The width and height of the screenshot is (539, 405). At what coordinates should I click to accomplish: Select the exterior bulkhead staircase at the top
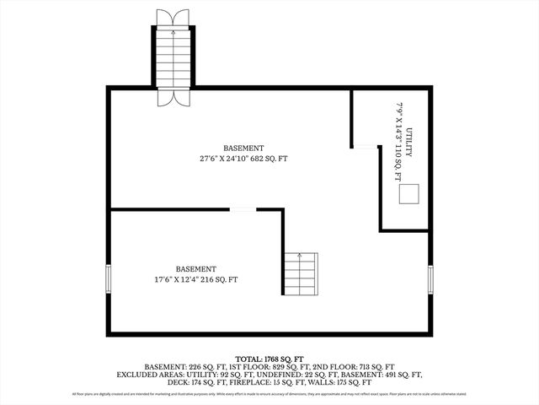pos(174,55)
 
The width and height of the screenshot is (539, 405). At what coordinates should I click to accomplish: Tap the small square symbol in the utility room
pos(409,194)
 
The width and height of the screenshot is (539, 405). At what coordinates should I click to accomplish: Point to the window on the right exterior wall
pos(430,278)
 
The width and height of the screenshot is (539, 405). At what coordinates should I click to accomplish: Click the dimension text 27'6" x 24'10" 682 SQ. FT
pos(243,159)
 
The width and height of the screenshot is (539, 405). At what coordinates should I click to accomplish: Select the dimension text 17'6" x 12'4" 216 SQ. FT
pos(195,279)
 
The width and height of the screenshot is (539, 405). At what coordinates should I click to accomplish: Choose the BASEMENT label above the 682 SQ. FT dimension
pos(243,148)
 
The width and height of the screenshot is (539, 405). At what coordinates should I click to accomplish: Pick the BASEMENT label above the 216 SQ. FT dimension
pos(195,269)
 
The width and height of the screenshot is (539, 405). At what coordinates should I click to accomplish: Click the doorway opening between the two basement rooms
pos(243,209)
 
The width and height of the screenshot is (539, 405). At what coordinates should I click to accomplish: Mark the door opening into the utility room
pos(364,147)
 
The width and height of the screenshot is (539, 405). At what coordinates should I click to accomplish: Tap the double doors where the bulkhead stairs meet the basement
pos(174,96)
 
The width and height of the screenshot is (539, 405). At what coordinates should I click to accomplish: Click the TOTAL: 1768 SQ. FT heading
pos(269,358)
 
